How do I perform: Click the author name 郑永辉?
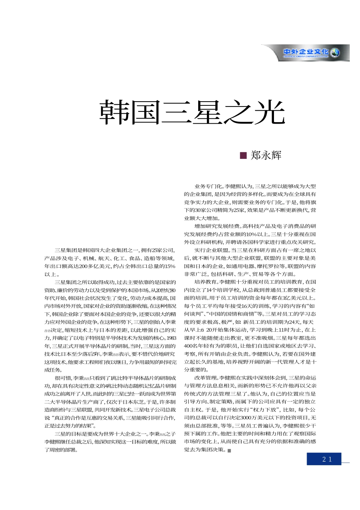point(266,155)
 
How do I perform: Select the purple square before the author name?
point(244,155)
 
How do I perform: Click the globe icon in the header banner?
point(335,53)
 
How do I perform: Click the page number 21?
point(327,459)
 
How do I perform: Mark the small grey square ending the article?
point(229,450)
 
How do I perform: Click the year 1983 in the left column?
point(172,338)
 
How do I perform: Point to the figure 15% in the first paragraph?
point(170,266)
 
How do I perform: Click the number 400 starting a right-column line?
point(188,346)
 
